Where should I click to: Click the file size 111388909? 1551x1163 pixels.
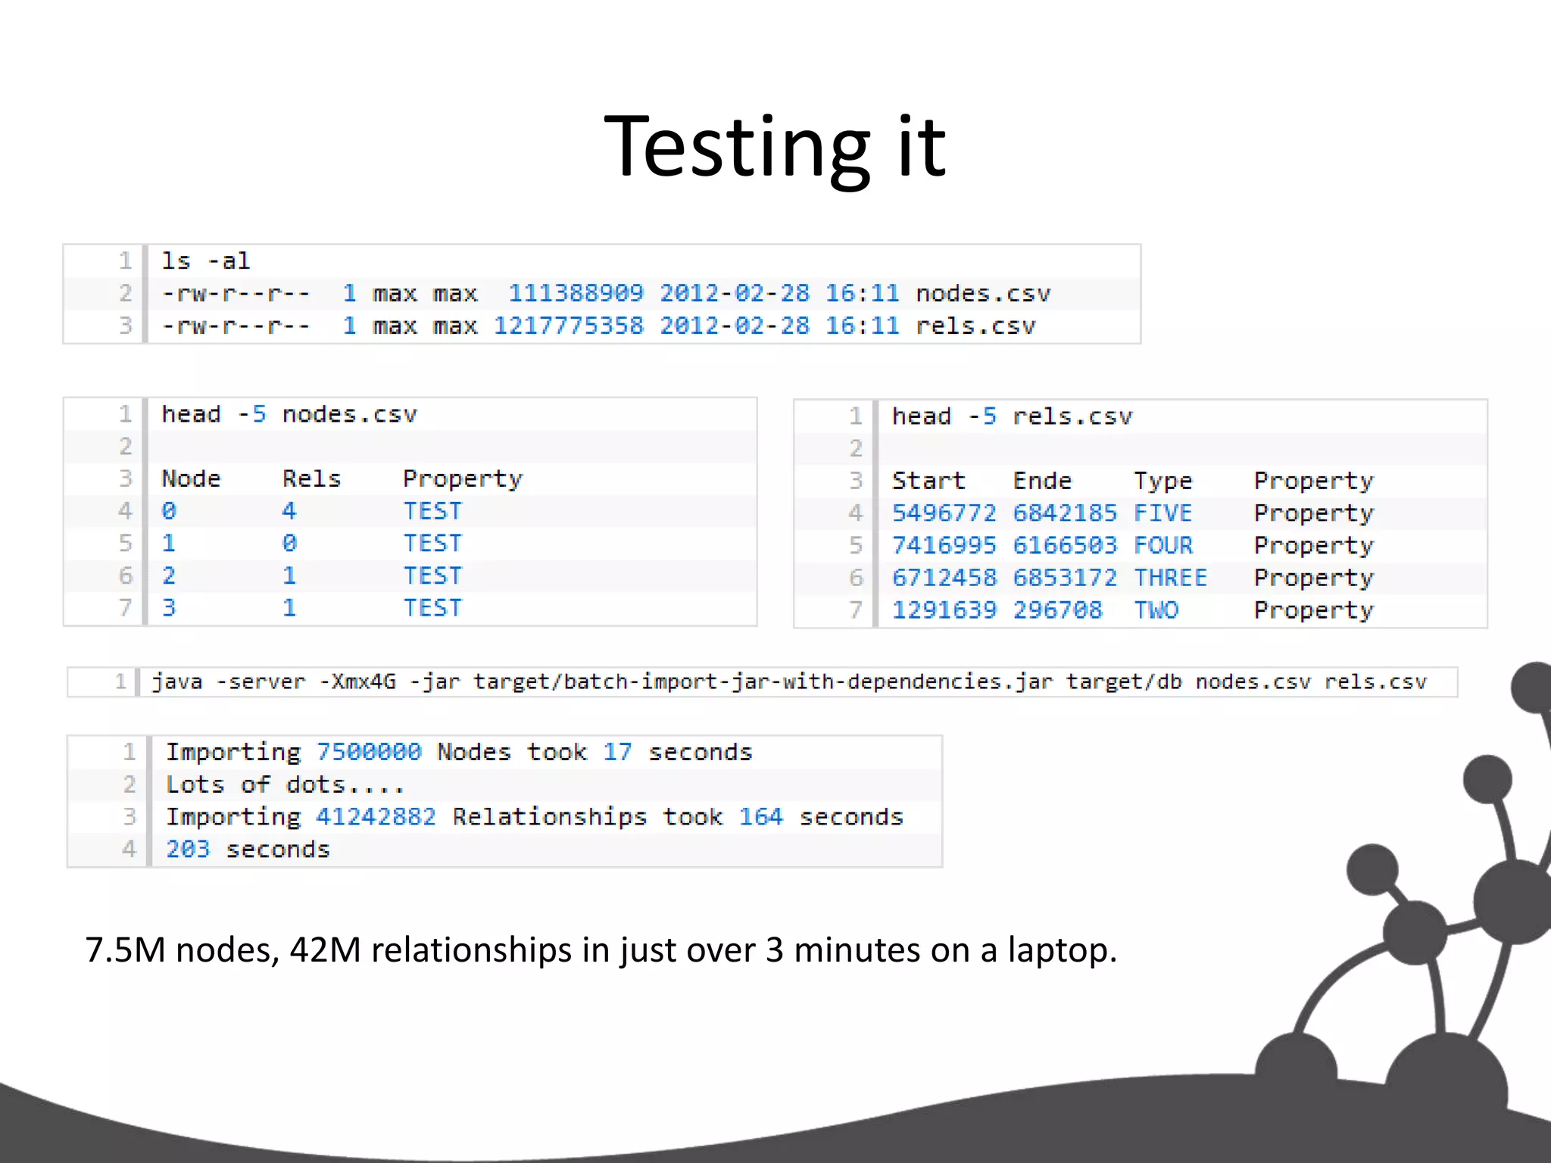(x=576, y=293)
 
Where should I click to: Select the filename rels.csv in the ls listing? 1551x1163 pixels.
(x=975, y=326)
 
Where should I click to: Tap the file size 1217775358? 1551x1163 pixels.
(x=568, y=326)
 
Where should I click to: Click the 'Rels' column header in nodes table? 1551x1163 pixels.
(x=311, y=479)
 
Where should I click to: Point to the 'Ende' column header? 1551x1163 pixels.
(x=1042, y=481)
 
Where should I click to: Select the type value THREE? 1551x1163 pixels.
(x=1170, y=578)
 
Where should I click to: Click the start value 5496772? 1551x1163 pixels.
(x=944, y=513)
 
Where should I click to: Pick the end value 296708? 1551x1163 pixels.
(x=1057, y=610)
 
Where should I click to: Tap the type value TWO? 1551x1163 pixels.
(x=1156, y=610)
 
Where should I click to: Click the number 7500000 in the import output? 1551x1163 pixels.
(x=368, y=752)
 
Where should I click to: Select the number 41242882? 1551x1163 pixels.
(x=376, y=817)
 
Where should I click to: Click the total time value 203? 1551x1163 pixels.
(x=187, y=850)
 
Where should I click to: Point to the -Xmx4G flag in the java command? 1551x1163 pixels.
(x=357, y=682)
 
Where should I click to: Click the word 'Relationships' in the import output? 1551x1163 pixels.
(x=549, y=817)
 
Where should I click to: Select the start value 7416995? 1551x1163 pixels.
(x=944, y=545)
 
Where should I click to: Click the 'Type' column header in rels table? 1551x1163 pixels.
(x=1162, y=481)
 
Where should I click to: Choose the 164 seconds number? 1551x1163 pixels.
(x=760, y=817)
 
